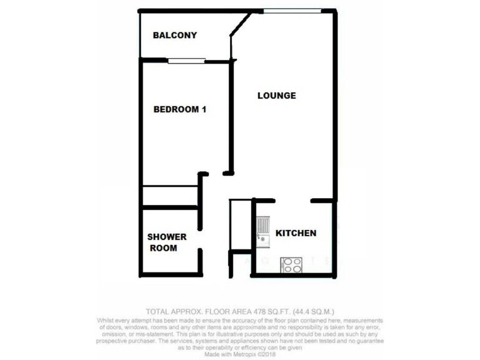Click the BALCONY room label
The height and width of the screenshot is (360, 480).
point(175,36)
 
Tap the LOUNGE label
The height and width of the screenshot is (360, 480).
point(277,96)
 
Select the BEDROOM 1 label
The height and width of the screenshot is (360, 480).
point(180,109)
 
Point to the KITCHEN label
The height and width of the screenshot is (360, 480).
point(296,233)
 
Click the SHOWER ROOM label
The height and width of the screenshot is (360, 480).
point(167,242)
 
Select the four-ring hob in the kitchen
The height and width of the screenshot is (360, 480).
point(292,265)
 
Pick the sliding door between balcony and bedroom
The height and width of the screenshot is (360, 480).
point(187,61)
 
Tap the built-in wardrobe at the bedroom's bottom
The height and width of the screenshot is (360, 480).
point(169,196)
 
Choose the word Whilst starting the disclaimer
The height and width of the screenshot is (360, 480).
point(107,320)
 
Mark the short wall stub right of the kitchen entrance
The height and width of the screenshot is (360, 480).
point(321,201)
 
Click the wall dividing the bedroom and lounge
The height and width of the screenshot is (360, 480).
point(231,116)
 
